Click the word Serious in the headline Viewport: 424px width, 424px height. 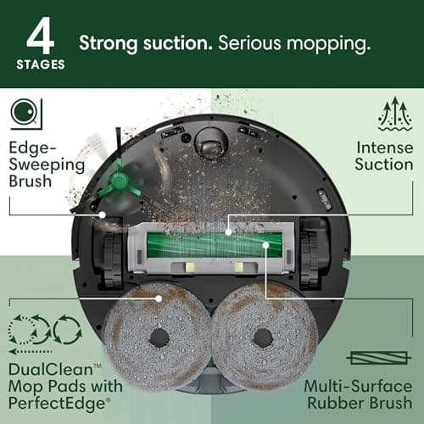coord(249,43)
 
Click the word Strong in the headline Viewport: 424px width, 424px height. coord(106,43)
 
